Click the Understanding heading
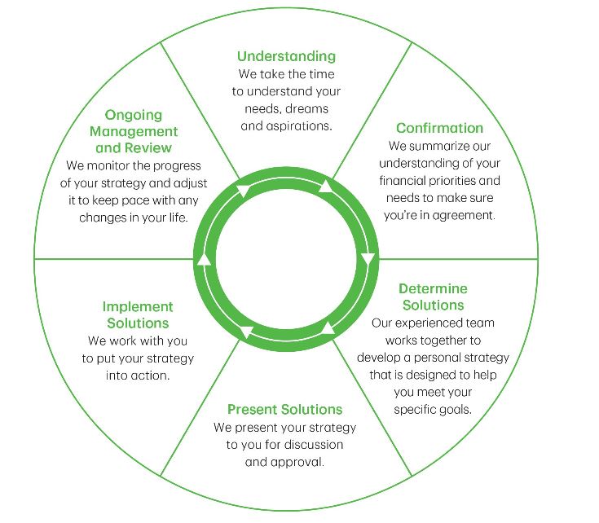pyautogui.click(x=286, y=56)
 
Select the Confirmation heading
pyautogui.click(x=439, y=128)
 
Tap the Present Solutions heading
pyautogui.click(x=284, y=409)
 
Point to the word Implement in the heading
pyautogui.click(x=138, y=307)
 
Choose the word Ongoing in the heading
pyautogui.click(x=134, y=115)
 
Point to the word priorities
pyautogui.click(x=467, y=181)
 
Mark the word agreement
pyautogui.click(x=463, y=216)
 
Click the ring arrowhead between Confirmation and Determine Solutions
pyautogui.click(x=367, y=260)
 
